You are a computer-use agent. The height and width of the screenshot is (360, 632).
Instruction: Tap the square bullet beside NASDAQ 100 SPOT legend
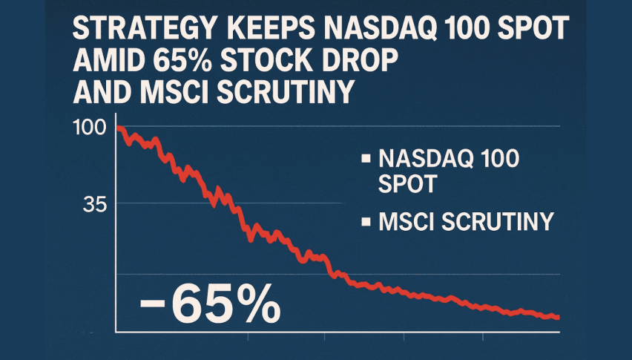pos(364,159)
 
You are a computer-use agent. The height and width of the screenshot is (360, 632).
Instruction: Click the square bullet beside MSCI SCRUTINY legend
pos(364,221)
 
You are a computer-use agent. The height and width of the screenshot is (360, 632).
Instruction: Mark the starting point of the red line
pos(119,128)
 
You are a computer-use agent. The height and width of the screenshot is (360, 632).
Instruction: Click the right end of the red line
pos(556,317)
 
